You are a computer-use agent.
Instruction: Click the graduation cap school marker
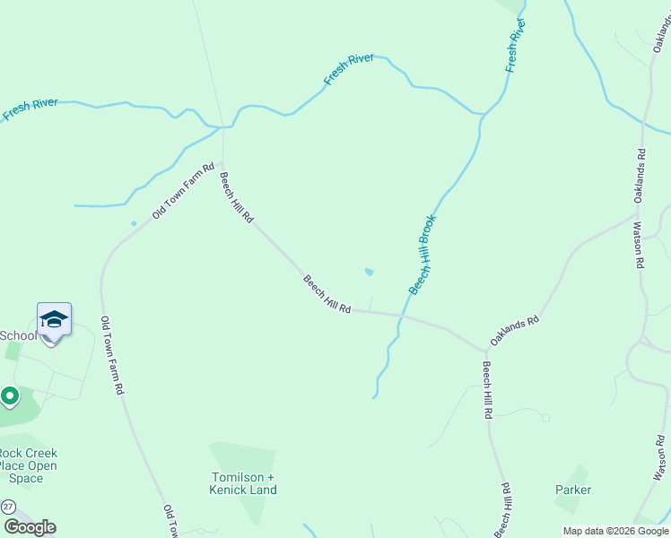[x=54, y=320]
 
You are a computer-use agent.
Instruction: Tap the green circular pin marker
[x=10, y=395]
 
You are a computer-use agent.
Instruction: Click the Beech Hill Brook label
[x=423, y=255]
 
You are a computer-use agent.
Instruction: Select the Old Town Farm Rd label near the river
[x=183, y=191]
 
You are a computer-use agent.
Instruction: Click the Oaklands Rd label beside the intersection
[x=514, y=331]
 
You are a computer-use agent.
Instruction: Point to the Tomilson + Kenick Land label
[x=243, y=483]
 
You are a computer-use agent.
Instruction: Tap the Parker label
[x=573, y=490]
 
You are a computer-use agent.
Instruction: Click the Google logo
[x=30, y=527]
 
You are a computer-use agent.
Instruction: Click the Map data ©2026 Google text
[x=614, y=531]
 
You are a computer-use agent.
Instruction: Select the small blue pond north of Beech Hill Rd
[x=370, y=272]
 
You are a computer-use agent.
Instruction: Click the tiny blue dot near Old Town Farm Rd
[x=134, y=223]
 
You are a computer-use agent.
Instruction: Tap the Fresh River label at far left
[x=30, y=109]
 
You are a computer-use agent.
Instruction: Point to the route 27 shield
[x=8, y=507]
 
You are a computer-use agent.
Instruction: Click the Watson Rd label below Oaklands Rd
[x=639, y=245]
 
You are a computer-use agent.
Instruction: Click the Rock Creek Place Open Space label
[x=27, y=465]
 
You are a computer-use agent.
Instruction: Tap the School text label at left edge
[x=18, y=335]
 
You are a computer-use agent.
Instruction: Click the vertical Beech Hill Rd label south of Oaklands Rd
[x=486, y=390]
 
